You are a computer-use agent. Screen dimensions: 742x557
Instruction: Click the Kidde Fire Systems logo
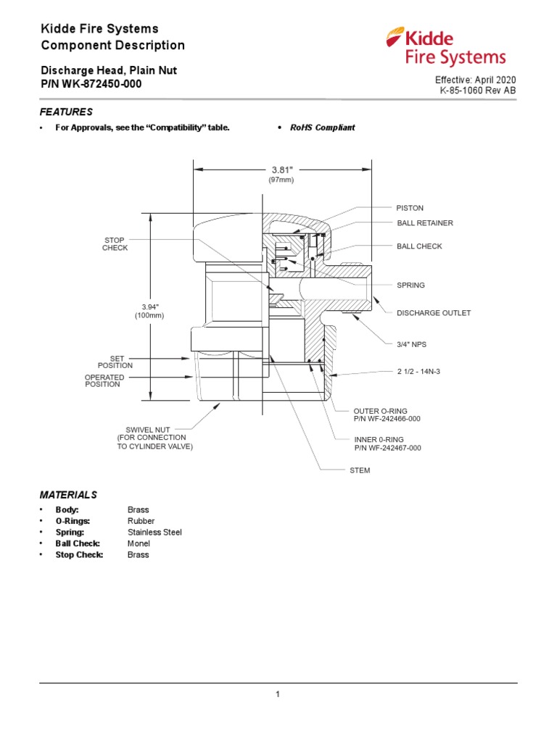pyautogui.click(x=445, y=47)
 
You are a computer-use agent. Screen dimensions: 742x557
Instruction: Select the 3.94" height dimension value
pyautogui.click(x=149, y=307)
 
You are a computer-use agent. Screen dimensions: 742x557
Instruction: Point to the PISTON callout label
pyautogui.click(x=410, y=208)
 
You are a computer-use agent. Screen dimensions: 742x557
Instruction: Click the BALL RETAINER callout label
pyautogui.click(x=424, y=223)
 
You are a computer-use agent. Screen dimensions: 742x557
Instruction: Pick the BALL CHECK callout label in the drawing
pyautogui.click(x=419, y=246)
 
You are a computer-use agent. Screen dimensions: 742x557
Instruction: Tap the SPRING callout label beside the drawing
pyautogui.click(x=410, y=285)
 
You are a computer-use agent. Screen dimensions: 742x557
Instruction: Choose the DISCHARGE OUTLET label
pyautogui.click(x=433, y=313)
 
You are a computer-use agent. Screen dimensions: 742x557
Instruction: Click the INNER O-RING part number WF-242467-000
pyautogui.click(x=387, y=448)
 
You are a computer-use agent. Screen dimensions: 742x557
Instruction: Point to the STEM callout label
pyautogui.click(x=360, y=470)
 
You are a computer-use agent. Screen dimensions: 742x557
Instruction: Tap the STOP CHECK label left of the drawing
pyautogui.click(x=115, y=243)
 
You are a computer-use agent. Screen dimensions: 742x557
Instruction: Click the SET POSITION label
pyautogui.click(x=115, y=362)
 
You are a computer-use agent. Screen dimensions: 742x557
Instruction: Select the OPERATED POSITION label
pyautogui.click(x=104, y=380)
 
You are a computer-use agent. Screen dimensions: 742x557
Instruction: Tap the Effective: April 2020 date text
pyautogui.click(x=476, y=80)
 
